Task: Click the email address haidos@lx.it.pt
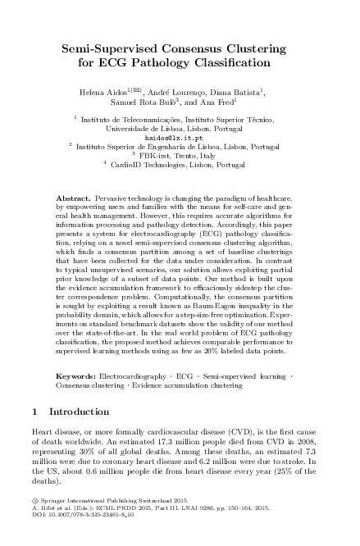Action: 180,137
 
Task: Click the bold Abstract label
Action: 74,199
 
